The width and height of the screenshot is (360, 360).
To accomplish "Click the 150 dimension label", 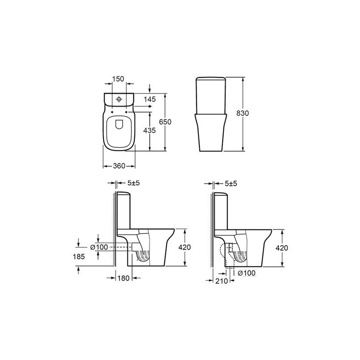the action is click(x=118, y=79).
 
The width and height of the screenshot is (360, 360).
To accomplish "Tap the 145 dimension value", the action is click(x=149, y=99).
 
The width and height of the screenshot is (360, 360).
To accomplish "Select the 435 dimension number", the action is click(x=149, y=130).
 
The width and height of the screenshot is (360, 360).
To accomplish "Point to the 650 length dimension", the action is click(x=165, y=121).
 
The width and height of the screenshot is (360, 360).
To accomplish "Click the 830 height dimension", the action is click(x=243, y=113).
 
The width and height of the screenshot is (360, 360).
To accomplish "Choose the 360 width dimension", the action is click(x=119, y=166).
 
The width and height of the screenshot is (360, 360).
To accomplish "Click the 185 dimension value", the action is click(x=79, y=256).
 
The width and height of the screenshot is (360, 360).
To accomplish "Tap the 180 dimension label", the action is click(x=123, y=278).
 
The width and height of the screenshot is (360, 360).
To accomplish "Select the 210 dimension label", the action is click(x=221, y=281).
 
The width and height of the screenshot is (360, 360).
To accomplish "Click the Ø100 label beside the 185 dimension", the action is click(x=99, y=247).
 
